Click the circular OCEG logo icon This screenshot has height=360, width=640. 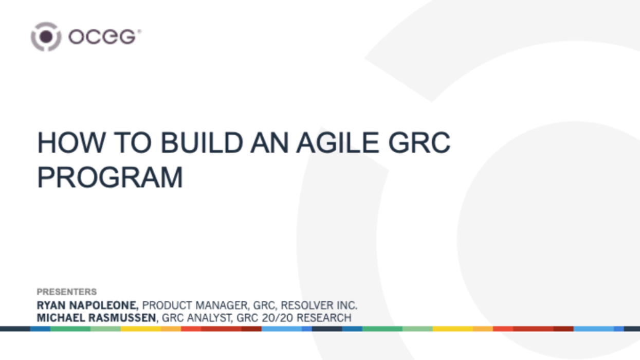46,37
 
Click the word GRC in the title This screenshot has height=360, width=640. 425,143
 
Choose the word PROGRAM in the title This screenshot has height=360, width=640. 110,177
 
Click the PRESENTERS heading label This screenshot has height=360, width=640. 67,292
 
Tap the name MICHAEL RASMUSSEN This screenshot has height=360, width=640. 96,318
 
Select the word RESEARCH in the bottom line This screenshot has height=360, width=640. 323,318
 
